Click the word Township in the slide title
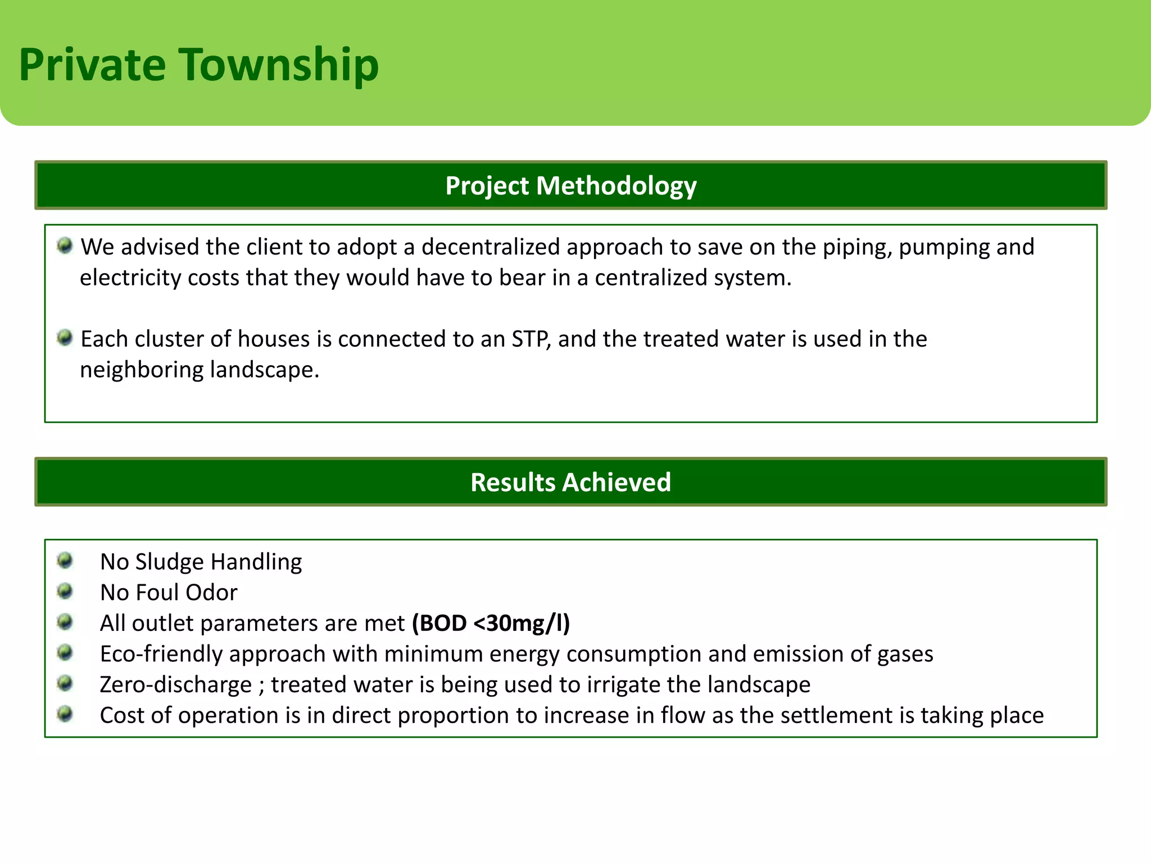(279, 65)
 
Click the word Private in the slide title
(92, 65)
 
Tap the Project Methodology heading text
(570, 186)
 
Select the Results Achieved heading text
(570, 483)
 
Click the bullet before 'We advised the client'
(65, 246)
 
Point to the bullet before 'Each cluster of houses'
(65, 338)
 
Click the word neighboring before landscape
(142, 370)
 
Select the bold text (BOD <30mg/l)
(491, 624)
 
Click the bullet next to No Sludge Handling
(65, 560)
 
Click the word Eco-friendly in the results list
(161, 654)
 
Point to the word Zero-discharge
(175, 685)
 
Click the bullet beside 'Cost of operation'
(65, 714)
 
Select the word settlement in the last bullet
(836, 716)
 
